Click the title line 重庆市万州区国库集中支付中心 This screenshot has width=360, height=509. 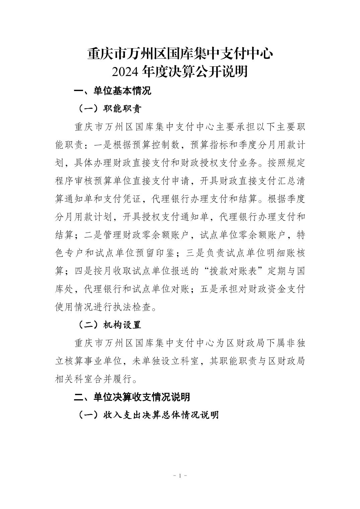click(x=180, y=54)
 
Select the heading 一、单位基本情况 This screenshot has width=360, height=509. click(x=113, y=91)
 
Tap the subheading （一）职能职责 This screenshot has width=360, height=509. click(x=110, y=109)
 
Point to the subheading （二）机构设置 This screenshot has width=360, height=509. click(x=110, y=325)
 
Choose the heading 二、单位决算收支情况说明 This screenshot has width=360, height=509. click(x=132, y=397)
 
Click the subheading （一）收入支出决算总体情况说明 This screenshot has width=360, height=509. click(x=148, y=415)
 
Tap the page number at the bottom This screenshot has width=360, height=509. click(x=180, y=476)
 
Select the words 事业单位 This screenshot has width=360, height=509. click(x=107, y=361)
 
